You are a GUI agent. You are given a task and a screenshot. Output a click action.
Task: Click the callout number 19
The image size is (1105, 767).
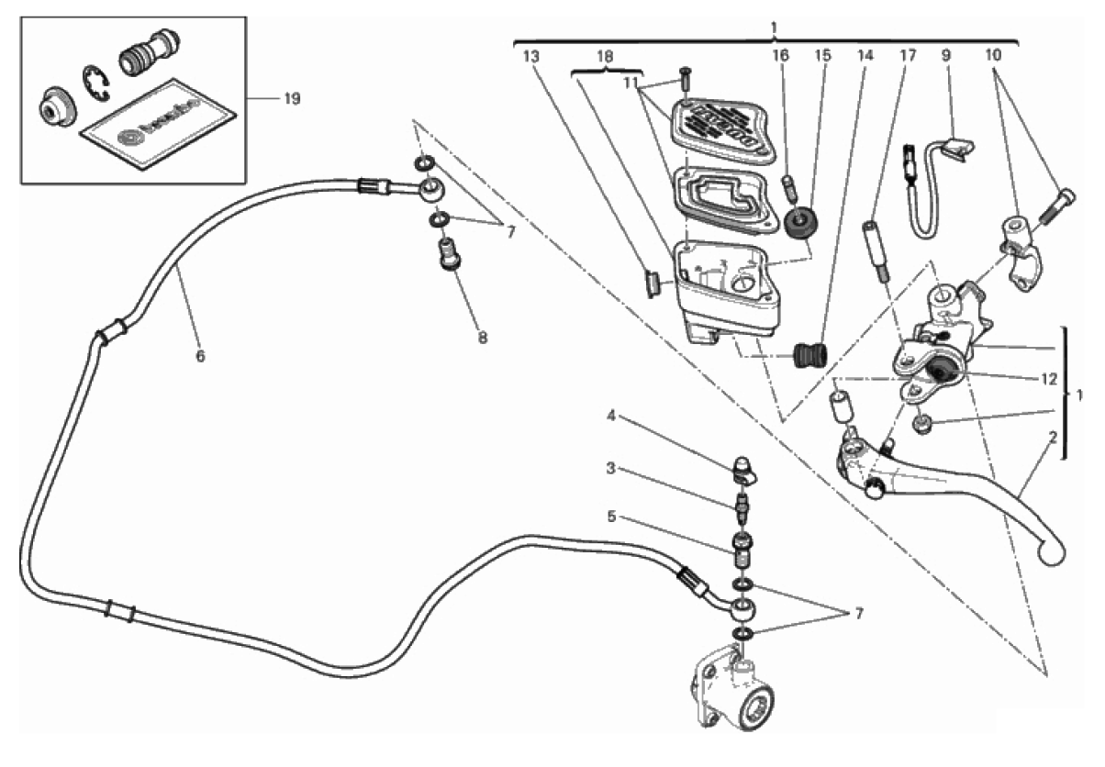tap(292, 99)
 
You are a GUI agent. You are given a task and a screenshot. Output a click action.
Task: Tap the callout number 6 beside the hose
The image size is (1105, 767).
tap(199, 357)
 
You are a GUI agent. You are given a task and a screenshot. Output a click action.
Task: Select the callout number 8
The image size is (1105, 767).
tap(482, 337)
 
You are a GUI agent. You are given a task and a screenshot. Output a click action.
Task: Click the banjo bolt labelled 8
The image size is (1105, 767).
tap(449, 254)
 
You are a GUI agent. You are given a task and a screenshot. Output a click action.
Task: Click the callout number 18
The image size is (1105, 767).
tap(605, 55)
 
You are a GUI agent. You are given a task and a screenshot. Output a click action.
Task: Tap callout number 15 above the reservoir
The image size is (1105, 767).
tap(823, 55)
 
